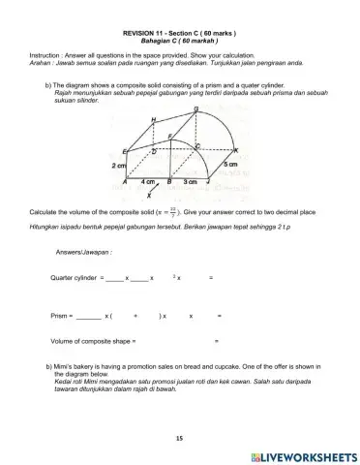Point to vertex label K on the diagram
point(236,150)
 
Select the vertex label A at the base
point(125,181)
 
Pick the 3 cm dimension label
point(191,181)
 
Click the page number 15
point(179,439)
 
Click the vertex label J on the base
point(208,181)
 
